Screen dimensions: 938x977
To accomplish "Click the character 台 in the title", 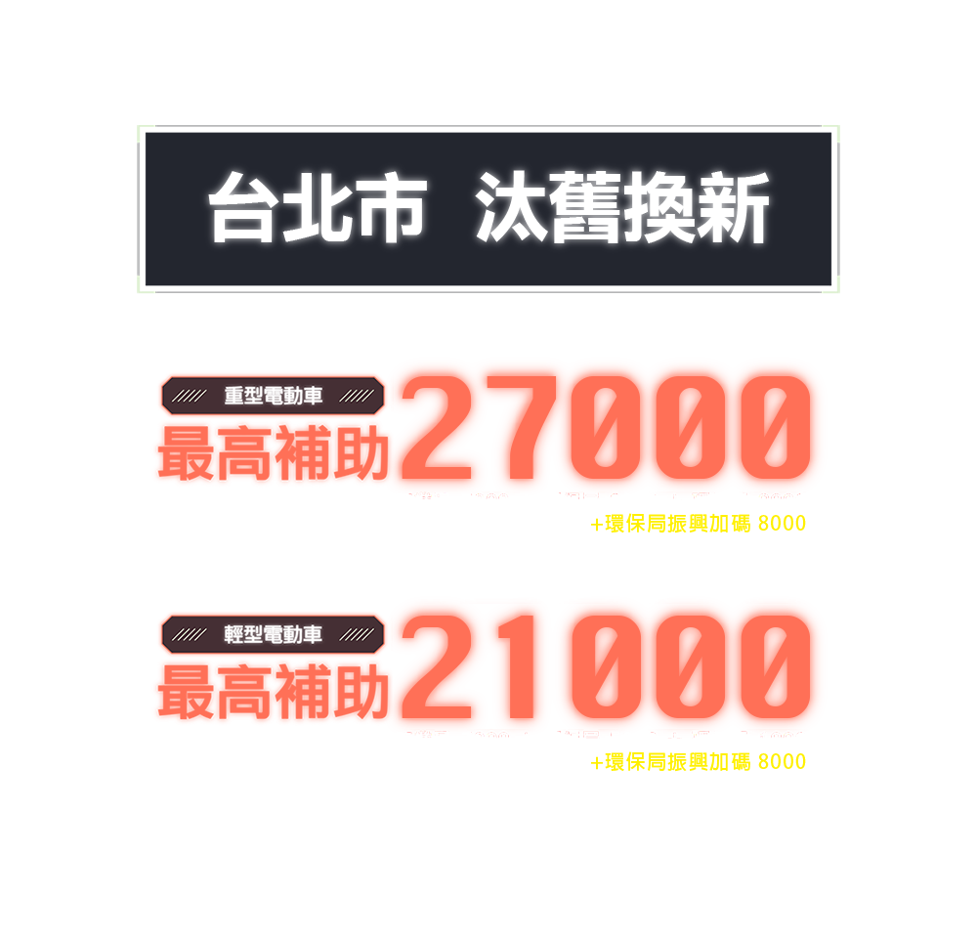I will pos(244,209).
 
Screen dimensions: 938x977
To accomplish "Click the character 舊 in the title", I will pos(586,209).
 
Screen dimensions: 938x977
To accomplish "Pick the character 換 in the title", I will pos(659,209).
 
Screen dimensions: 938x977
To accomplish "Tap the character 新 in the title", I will pos(733,209).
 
